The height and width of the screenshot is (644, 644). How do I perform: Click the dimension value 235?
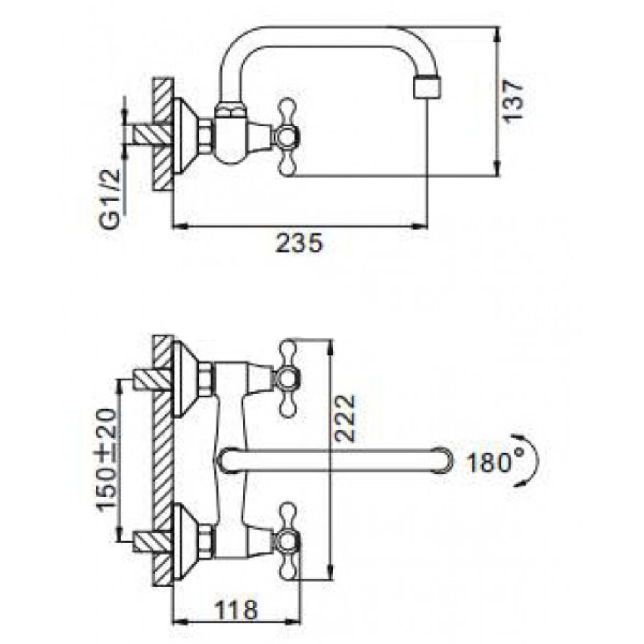[299, 243]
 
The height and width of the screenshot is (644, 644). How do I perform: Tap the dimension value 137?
[514, 100]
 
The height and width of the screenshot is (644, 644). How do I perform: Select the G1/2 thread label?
[111, 198]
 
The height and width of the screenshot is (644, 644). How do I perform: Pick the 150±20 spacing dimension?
[107, 460]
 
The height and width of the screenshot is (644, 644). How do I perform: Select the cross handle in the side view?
[287, 137]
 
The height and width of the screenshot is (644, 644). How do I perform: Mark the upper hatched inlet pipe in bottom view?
[152, 379]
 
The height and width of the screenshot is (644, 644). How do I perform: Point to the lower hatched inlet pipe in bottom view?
[152, 541]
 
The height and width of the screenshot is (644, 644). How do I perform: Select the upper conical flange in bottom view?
[185, 379]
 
